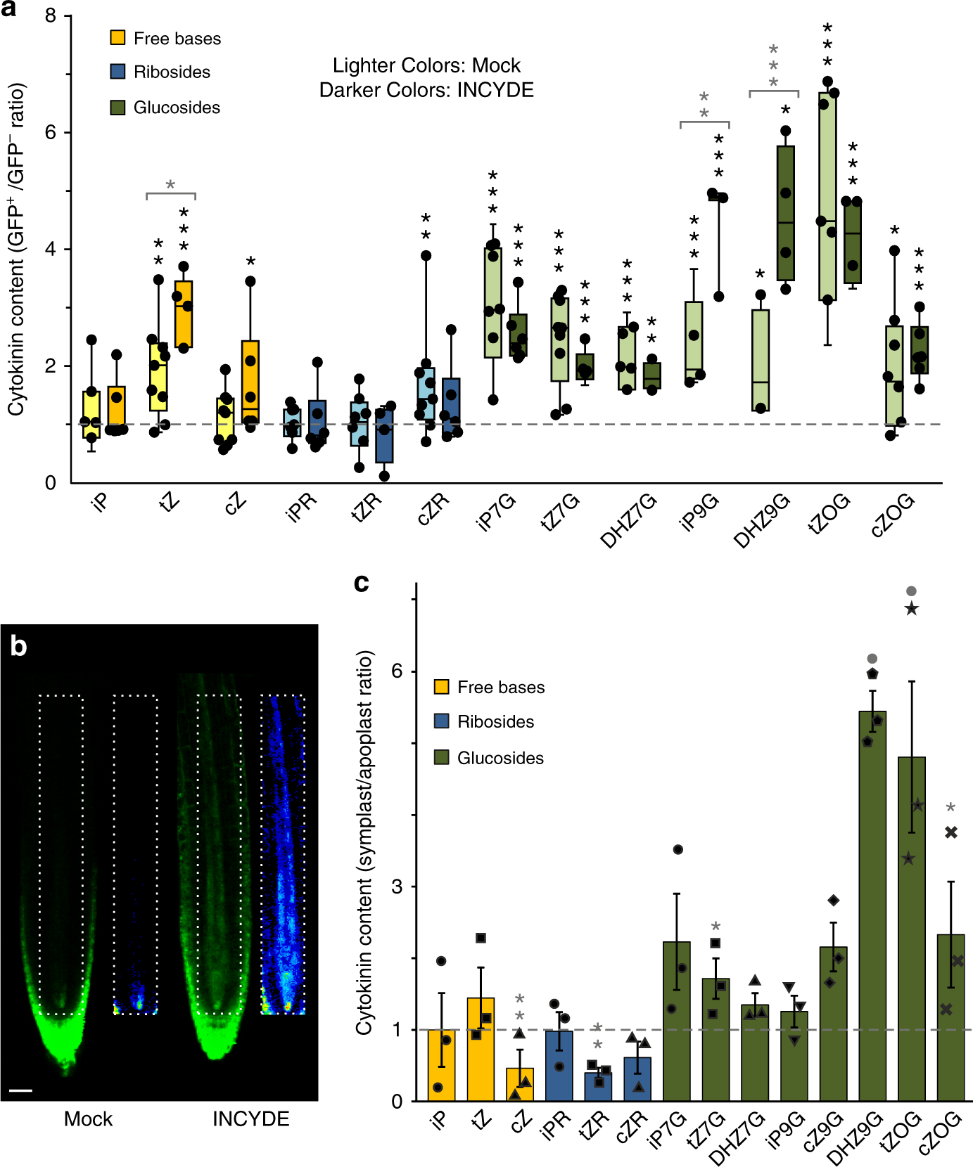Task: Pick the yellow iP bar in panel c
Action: (x=441, y=1064)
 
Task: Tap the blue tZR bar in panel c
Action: (x=598, y=1086)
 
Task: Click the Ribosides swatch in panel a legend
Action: (x=117, y=72)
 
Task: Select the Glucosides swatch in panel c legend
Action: (x=441, y=757)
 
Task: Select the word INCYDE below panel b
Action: (x=250, y=1118)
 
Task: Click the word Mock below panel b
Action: (x=88, y=1118)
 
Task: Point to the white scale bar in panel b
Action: (x=21, y=1091)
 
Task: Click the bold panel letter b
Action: (x=18, y=645)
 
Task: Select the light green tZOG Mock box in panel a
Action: (x=827, y=196)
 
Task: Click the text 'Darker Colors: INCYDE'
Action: (x=426, y=90)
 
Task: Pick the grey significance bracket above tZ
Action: (x=170, y=194)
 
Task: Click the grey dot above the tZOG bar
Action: (x=911, y=591)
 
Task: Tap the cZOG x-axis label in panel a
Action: (x=892, y=515)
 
